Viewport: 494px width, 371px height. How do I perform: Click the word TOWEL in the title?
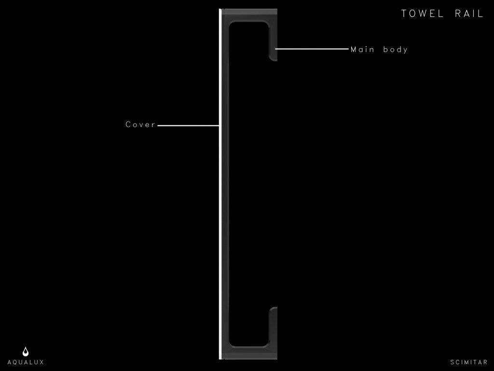[x=422, y=14]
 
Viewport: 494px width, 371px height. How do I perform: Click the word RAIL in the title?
[x=469, y=14]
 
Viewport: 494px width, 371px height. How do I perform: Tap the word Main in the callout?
[x=362, y=49]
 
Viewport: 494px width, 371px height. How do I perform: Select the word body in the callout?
[x=396, y=49]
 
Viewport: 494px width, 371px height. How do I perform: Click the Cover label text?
[x=140, y=124]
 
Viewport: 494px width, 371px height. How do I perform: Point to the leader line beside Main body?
[x=312, y=49]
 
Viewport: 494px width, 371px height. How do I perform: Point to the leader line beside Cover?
[x=189, y=125]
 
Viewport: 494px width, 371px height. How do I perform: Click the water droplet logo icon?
[x=26, y=352]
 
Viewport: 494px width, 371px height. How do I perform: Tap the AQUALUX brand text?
[x=26, y=362]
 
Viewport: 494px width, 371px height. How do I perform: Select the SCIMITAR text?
[x=469, y=362]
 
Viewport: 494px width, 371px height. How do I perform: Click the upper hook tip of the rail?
[x=273, y=58]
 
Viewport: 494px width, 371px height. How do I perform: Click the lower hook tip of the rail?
[x=273, y=309]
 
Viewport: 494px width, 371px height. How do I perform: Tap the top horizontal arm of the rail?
[x=249, y=15]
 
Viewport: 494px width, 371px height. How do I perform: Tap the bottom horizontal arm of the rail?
[x=249, y=353]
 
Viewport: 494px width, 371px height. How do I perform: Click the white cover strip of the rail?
[x=220, y=184]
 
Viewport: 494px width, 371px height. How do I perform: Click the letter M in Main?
[x=354, y=49]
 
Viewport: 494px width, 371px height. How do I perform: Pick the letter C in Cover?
[x=128, y=124]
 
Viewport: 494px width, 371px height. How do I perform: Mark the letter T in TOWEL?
[x=404, y=14]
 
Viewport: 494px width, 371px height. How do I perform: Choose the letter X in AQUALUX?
[x=41, y=362]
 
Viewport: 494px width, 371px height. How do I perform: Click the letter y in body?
[x=406, y=50]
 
